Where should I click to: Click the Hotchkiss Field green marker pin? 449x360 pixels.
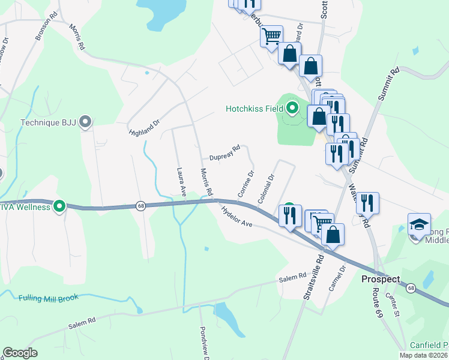[292, 109]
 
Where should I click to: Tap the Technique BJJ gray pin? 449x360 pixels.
[85, 122]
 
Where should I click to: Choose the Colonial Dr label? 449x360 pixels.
[265, 189]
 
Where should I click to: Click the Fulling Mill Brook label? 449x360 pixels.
[48, 298]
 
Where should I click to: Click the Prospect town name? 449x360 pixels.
[380, 280]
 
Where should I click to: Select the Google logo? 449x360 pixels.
[20, 353]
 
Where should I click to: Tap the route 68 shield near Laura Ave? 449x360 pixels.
[140, 205]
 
